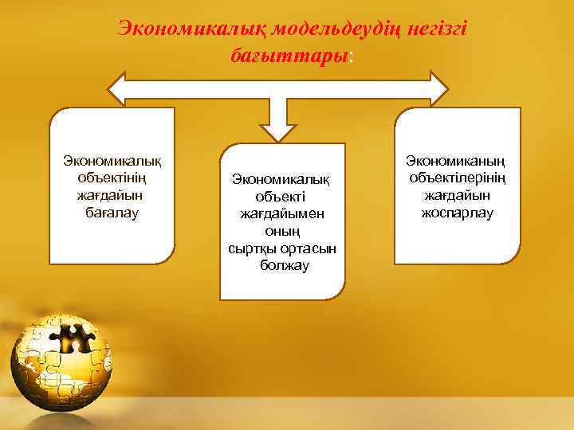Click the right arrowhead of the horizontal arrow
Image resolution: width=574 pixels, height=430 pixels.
tap(438, 88)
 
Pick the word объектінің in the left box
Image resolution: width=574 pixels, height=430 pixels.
tap(112, 177)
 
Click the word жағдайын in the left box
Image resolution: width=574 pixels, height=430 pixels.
tap(112, 195)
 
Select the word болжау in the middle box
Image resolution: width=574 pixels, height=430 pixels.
tap(283, 266)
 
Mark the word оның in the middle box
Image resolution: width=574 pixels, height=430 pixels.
tap(283, 231)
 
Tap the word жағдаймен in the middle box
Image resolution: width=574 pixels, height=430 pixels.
tap(283, 213)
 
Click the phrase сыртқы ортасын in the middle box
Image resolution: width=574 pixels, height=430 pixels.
tap(283, 248)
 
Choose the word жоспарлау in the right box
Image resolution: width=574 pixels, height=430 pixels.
tap(458, 213)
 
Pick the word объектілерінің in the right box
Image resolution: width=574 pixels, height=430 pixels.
tap(458, 178)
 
